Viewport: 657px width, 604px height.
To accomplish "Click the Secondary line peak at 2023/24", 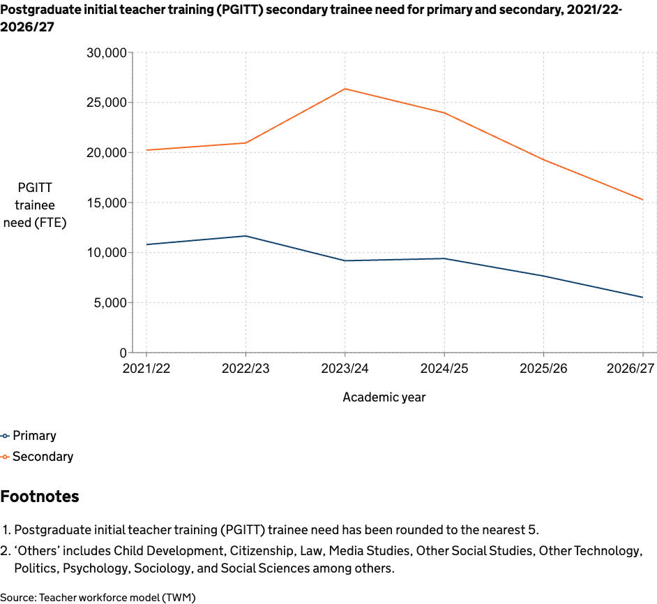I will pyautogui.click(x=345, y=89).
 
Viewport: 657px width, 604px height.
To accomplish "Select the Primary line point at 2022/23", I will pyautogui.click(x=246, y=236).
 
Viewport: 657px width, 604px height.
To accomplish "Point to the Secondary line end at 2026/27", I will pyautogui.click(x=642, y=200).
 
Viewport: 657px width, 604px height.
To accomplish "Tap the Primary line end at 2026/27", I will pyautogui.click(x=642, y=297).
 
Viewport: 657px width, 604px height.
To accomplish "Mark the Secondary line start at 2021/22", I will pyautogui.click(x=146, y=150).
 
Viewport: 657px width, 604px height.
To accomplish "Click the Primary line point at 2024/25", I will pyautogui.click(x=444, y=258).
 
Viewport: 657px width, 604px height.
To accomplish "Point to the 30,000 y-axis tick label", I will pyautogui.click(x=106, y=53).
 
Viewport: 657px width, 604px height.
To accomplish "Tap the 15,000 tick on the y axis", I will pyautogui.click(x=106, y=202).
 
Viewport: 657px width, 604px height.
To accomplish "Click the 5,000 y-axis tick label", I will pyautogui.click(x=109, y=303).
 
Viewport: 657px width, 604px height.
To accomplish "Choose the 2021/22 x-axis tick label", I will pyautogui.click(x=146, y=368).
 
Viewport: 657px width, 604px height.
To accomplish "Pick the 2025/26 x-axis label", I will pyautogui.click(x=543, y=368).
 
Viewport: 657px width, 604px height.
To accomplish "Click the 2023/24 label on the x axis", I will pyautogui.click(x=345, y=368).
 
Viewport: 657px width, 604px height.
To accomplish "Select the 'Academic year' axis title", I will pyautogui.click(x=384, y=397).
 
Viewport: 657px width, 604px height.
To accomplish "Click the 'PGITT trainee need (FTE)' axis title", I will pyautogui.click(x=35, y=205).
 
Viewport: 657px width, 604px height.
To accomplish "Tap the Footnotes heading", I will pyautogui.click(x=40, y=496).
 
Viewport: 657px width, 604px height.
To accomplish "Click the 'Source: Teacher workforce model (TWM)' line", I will pyautogui.click(x=98, y=597).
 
